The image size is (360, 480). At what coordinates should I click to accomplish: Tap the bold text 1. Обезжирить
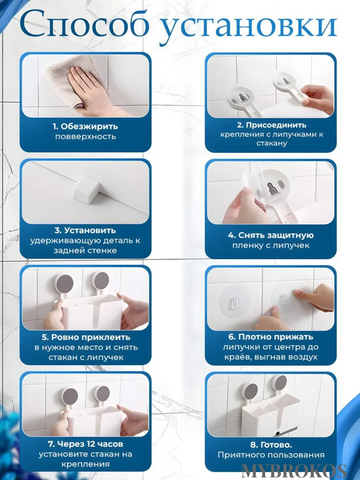pyautogui.click(x=85, y=126)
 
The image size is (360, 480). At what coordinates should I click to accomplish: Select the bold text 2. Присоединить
pyautogui.click(x=271, y=125)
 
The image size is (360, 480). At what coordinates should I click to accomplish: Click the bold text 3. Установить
pyautogui.click(x=85, y=230)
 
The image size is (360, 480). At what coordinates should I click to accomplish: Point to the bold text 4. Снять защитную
pyautogui.click(x=271, y=235)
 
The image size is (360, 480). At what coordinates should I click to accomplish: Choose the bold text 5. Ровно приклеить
pyautogui.click(x=85, y=338)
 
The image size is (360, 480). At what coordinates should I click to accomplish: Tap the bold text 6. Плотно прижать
pyautogui.click(x=271, y=337)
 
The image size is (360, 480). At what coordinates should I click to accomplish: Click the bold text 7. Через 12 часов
pyautogui.click(x=85, y=444)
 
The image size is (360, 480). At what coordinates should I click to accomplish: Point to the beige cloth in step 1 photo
pyautogui.click(x=64, y=72)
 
